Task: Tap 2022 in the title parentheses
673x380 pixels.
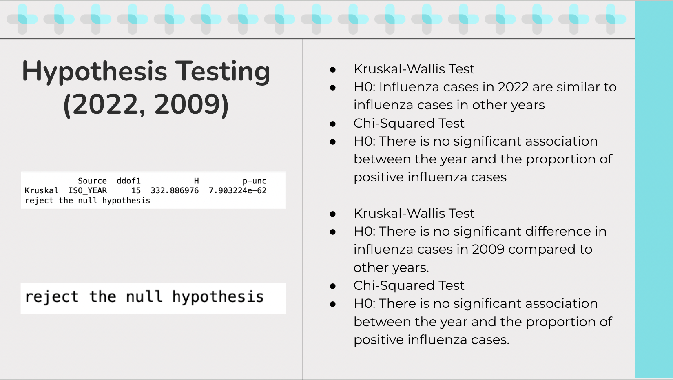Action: [x=105, y=104]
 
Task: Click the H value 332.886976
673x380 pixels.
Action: [x=175, y=190]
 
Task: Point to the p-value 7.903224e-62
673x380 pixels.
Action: [x=237, y=190]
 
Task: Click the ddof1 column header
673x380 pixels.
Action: [x=128, y=181]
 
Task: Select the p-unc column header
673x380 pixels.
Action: [x=255, y=181]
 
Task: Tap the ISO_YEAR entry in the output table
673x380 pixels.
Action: [x=87, y=191]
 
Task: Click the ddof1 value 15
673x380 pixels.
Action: [x=136, y=190]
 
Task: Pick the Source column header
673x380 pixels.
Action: [x=92, y=181]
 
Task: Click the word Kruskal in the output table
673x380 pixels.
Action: [x=42, y=190]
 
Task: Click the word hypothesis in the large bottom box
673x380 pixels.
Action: [x=218, y=297]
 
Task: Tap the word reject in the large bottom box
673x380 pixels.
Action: [x=52, y=297]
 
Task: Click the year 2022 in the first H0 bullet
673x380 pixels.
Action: [x=513, y=87]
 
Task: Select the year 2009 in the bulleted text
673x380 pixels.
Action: [x=489, y=250]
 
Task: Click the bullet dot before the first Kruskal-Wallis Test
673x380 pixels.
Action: [x=332, y=70]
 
